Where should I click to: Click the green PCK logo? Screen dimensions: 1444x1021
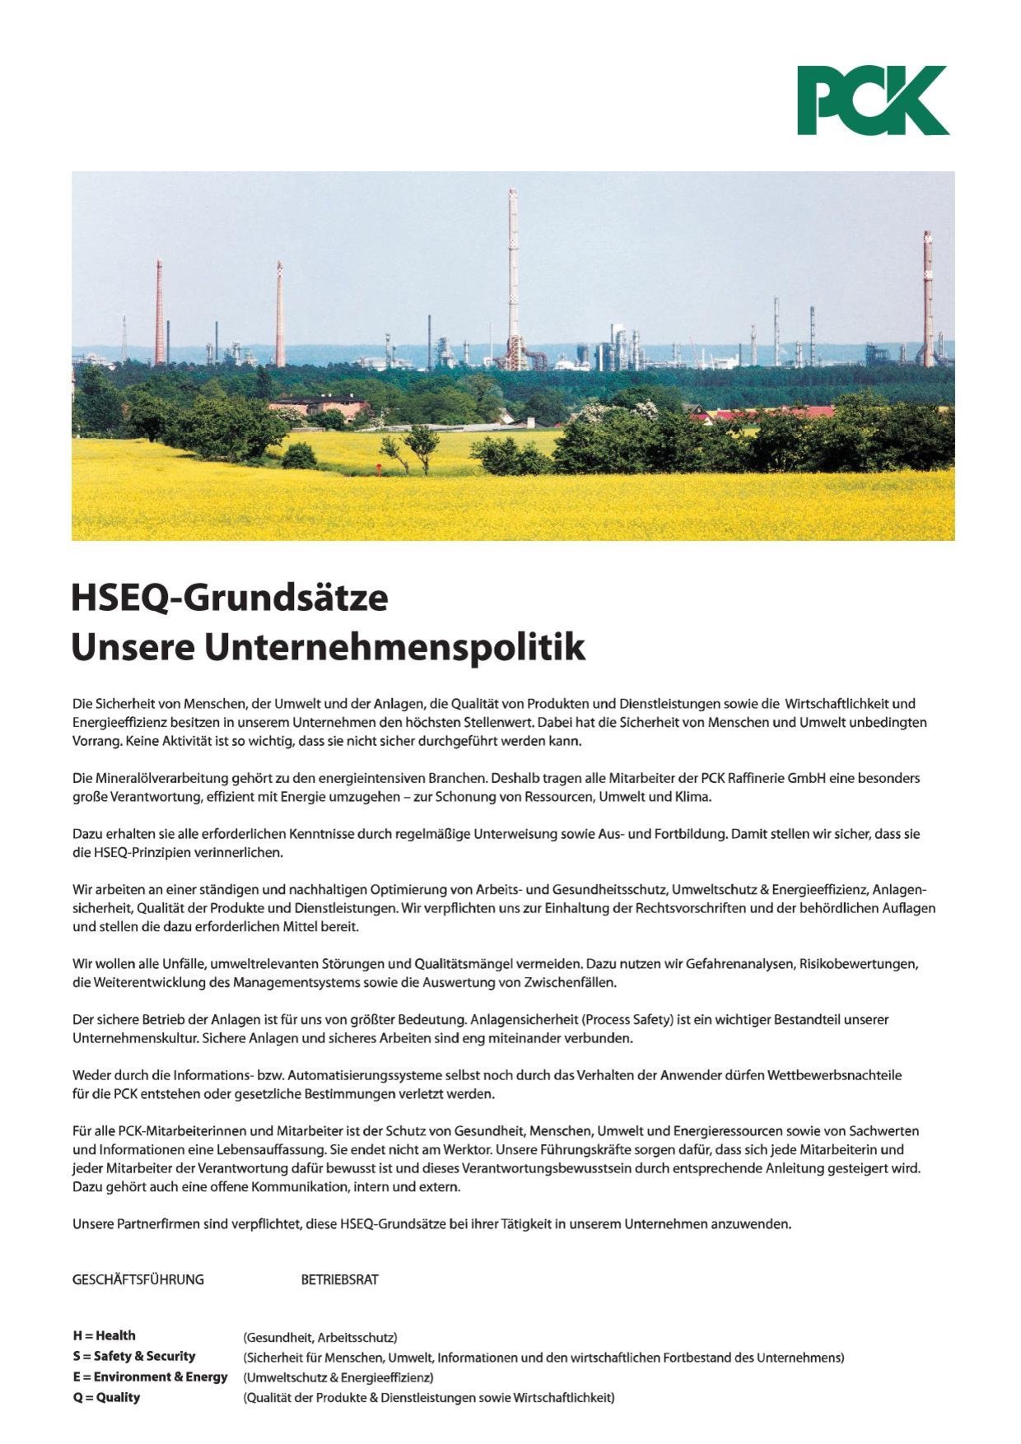[872, 100]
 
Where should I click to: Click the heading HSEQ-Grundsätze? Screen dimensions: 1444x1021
[229, 598]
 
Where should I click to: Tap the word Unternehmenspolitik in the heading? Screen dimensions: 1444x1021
[394, 647]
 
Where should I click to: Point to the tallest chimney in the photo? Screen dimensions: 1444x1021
[513, 280]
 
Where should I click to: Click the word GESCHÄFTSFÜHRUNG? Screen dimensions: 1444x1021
[138, 1279]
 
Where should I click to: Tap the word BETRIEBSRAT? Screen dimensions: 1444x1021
[339, 1279]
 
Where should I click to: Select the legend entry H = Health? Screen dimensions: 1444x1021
[104, 1335]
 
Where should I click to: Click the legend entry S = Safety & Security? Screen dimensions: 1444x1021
[133, 1356]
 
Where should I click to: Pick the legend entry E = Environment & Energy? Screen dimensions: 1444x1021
[150, 1376]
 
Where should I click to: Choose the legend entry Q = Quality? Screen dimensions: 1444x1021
[106, 1397]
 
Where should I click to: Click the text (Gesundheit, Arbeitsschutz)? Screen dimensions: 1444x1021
[320, 1337]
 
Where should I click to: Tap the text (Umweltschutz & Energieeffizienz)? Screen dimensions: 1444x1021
[338, 1376]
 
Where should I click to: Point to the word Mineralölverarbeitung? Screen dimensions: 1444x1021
[159, 778]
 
